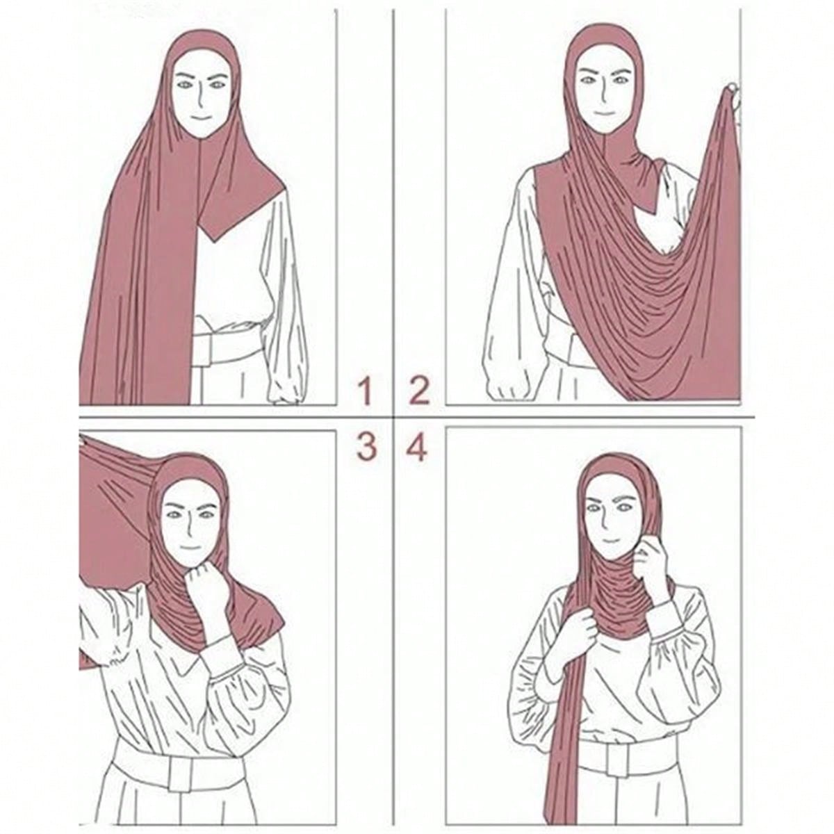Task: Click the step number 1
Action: click(366, 391)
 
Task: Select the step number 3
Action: click(366, 446)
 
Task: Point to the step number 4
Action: click(417, 446)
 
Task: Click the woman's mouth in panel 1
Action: click(201, 117)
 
